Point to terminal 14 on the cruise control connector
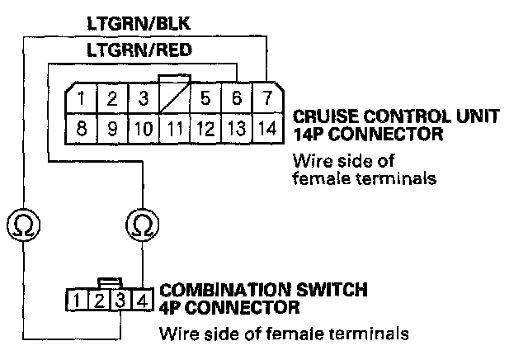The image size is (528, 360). coord(265,129)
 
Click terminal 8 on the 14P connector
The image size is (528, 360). coord(82,129)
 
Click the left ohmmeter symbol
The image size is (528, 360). coord(22,223)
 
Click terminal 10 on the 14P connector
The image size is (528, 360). coord(144,129)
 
